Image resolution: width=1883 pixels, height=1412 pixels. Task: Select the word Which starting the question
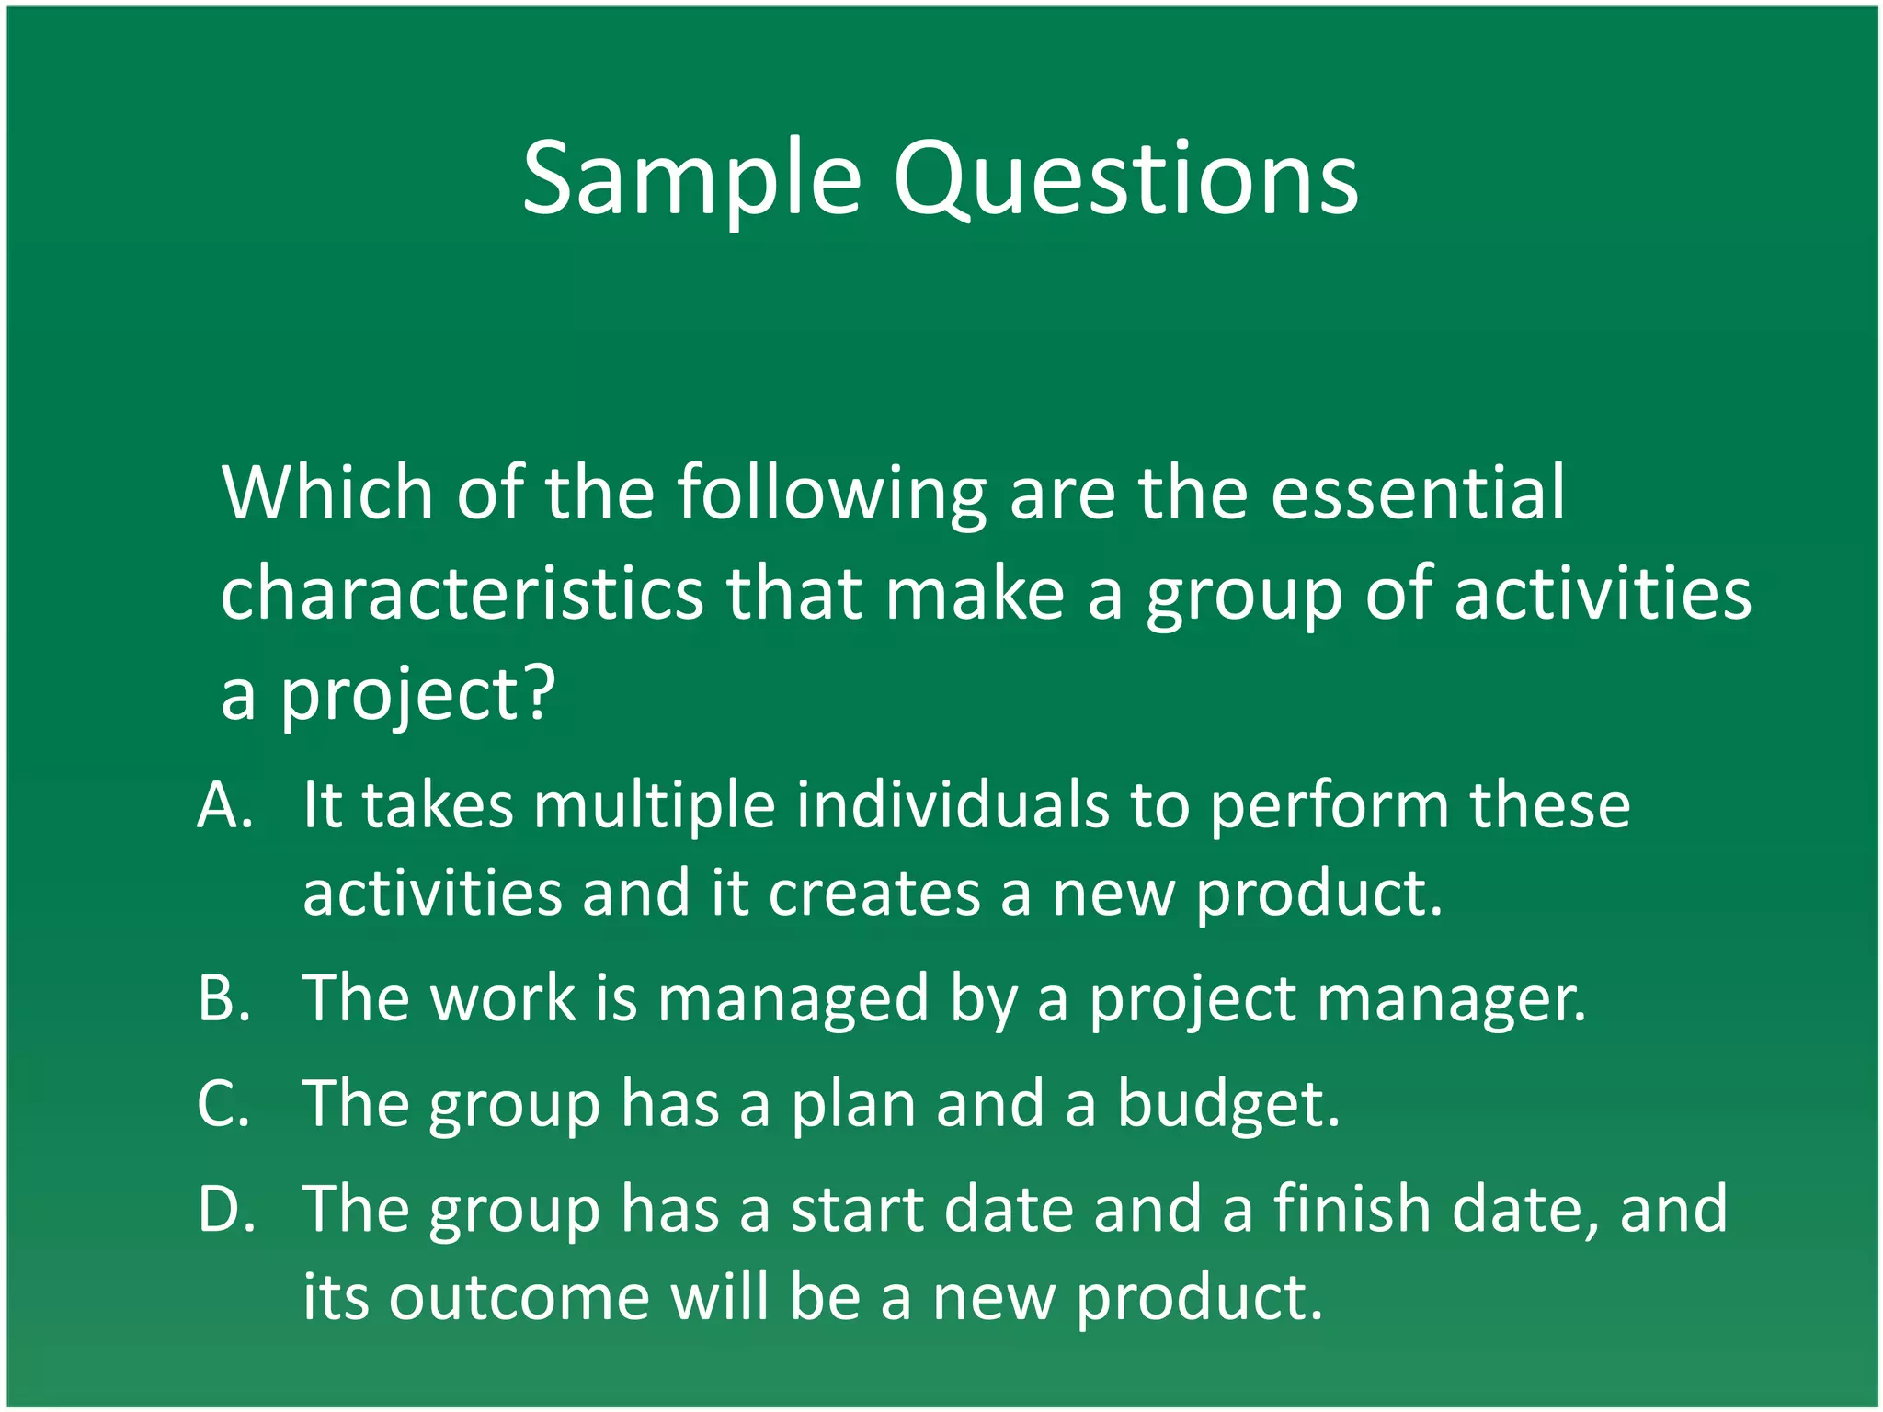coord(326,493)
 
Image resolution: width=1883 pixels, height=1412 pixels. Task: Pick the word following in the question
coord(832,495)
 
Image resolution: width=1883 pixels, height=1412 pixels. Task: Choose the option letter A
coord(224,805)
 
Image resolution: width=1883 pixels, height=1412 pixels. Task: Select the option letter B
coord(224,998)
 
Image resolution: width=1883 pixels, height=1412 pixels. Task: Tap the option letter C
coord(223,1103)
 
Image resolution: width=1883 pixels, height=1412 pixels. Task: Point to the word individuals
coord(953,805)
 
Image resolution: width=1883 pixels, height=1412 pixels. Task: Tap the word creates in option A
coord(874,894)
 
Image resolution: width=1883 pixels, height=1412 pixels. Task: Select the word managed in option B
coord(793,1000)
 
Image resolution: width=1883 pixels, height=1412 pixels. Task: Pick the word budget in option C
coord(1228,1105)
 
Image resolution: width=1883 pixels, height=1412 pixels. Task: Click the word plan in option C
coord(853,1105)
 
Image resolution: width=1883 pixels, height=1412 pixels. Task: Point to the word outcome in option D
coord(519,1297)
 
